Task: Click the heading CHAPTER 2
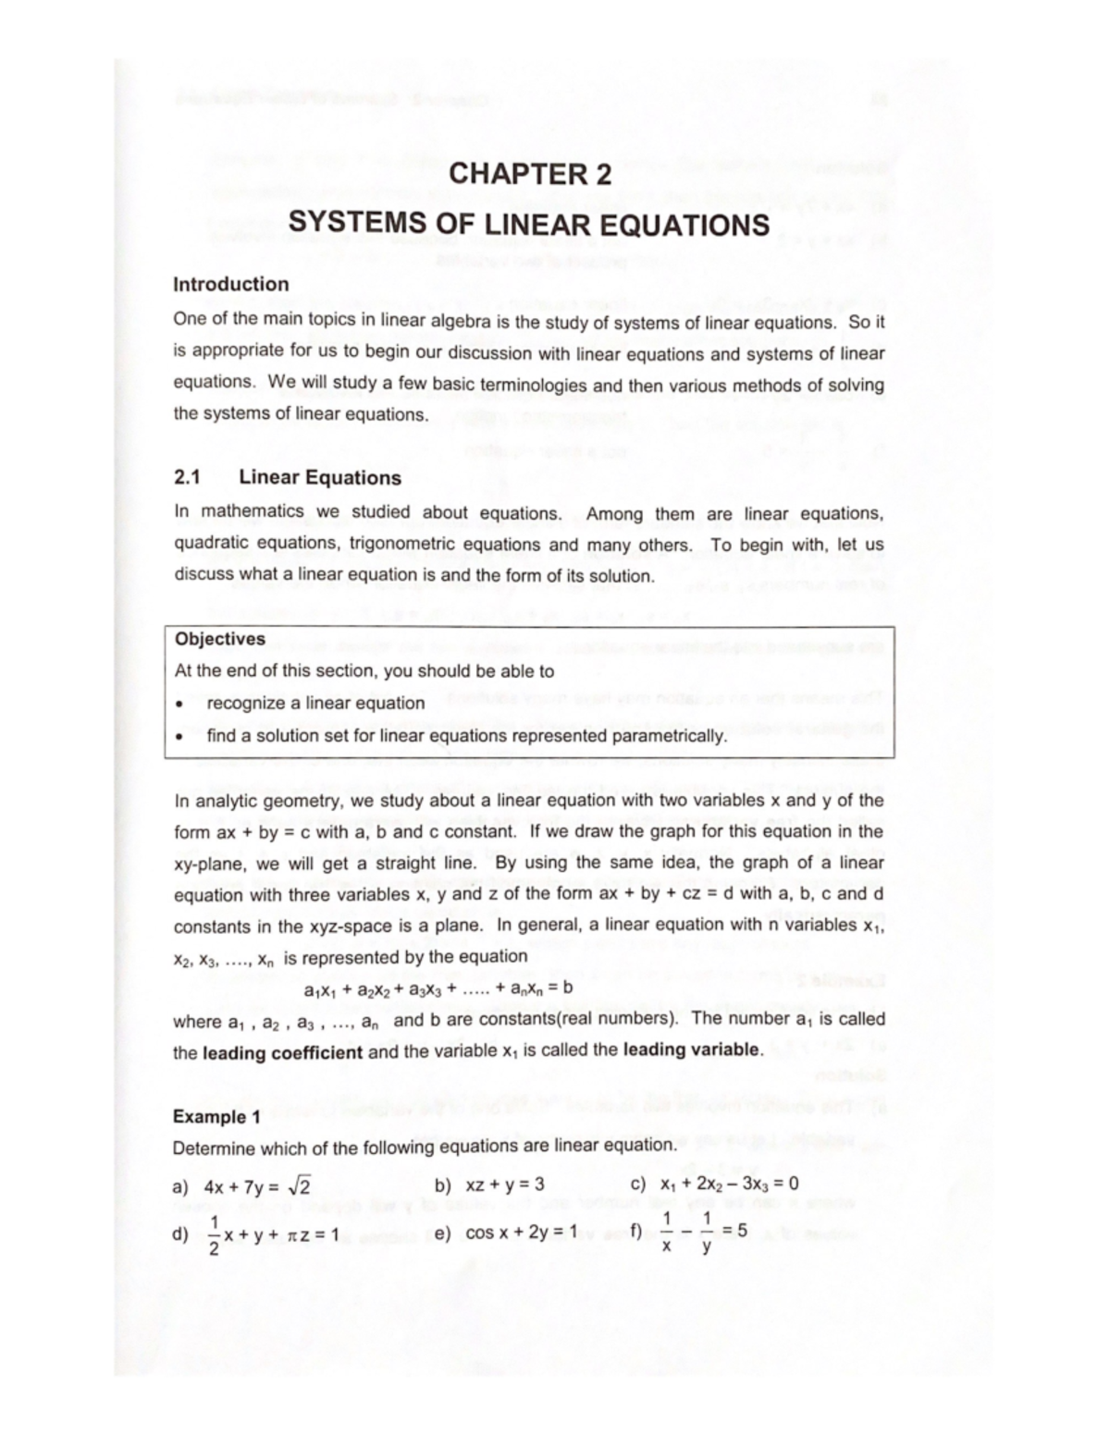pos(529,174)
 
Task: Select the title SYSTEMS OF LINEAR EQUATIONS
pos(529,225)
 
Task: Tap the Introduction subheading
pos(231,285)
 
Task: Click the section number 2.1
pos(187,478)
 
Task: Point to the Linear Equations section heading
pos(320,478)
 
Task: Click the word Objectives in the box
pos(220,639)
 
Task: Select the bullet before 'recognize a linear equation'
pos(182,704)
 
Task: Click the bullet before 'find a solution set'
pos(182,737)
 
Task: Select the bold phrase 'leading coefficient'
pos(282,1051)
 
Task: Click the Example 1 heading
pos(210,1117)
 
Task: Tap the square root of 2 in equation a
pos(299,1185)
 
